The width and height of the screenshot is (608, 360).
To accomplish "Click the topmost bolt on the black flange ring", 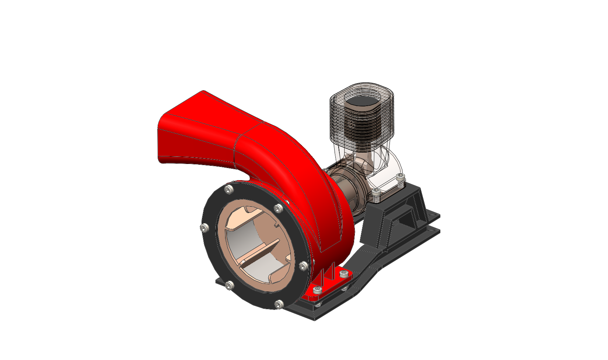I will click(230, 189).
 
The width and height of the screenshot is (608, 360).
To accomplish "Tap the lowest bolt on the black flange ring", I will click(279, 304).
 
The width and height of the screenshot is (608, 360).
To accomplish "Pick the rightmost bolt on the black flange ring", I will click(303, 266).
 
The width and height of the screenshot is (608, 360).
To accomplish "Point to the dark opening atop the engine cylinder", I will click(363, 101).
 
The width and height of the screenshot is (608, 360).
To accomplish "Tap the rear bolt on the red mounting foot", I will click(343, 273).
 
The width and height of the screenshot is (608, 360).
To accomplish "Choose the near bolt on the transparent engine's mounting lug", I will click(375, 192).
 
